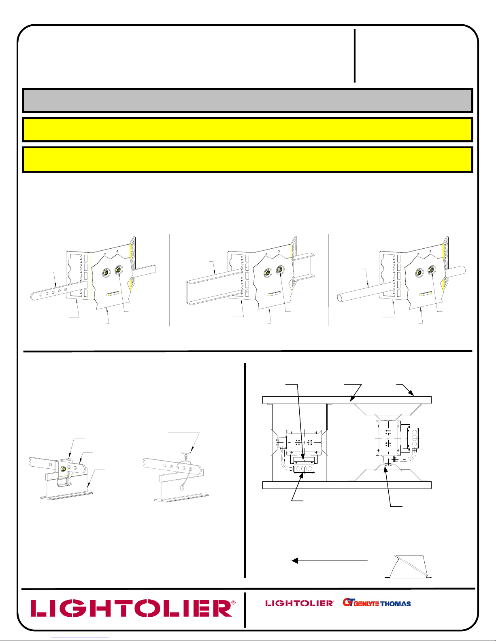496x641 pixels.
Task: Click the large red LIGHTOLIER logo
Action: pos(133,608)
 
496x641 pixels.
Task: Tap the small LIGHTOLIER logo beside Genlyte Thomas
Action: pos(299,603)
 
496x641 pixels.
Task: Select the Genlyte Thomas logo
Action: pos(377,602)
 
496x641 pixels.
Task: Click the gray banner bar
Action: pos(248,101)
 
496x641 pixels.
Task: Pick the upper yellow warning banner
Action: pos(248,130)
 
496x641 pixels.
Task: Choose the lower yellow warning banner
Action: pos(248,159)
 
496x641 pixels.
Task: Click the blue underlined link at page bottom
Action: pos(80,637)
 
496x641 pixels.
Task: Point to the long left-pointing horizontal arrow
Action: pos(330,561)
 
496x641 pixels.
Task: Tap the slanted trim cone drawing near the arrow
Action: pos(408,566)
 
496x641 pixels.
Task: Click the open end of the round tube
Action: pos(341,297)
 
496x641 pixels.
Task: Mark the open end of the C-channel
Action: pos(190,292)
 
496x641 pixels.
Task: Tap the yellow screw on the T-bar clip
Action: pos(63,468)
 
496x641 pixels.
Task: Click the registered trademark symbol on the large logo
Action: pos(234,603)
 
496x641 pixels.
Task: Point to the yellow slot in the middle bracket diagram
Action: pos(274,294)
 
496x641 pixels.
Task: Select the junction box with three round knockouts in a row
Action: pos(304,468)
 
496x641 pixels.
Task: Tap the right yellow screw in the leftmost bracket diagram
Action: pos(118,269)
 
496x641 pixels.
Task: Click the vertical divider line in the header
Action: pos(355,55)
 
